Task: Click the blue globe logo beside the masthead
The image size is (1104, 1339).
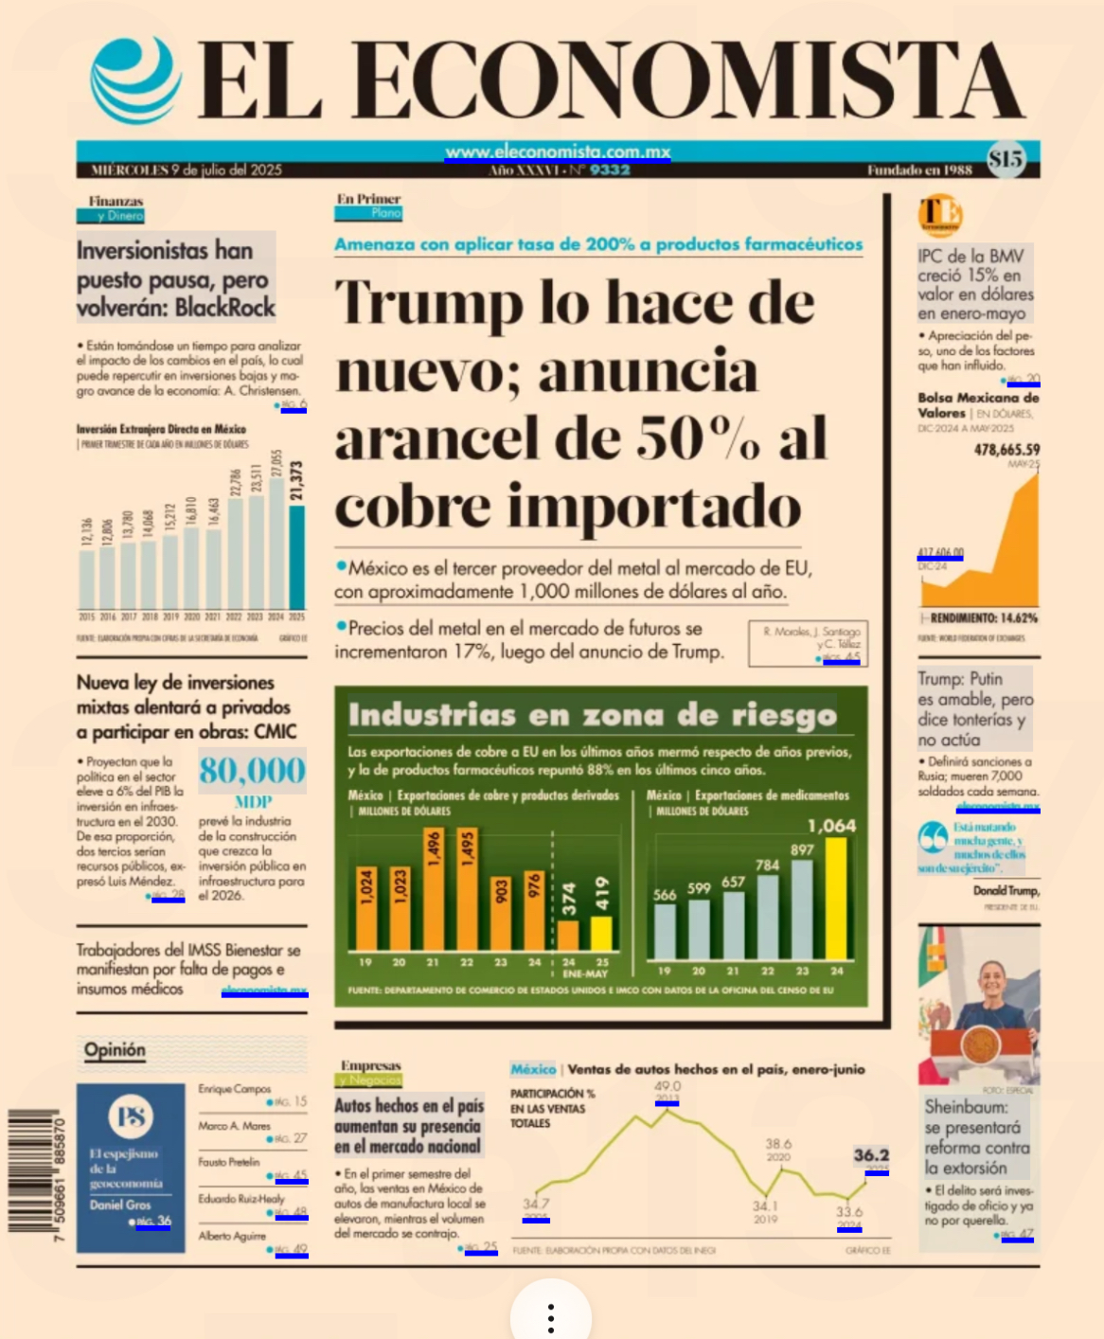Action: click(136, 80)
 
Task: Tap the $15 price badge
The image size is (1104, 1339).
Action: click(1005, 159)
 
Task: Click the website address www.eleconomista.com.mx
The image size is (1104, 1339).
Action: click(558, 152)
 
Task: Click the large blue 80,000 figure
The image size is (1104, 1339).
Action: click(252, 771)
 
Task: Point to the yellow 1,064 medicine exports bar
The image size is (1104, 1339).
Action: click(836, 897)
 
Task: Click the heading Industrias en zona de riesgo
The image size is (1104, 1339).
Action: click(592, 715)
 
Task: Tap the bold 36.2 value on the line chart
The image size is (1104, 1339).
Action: click(871, 1155)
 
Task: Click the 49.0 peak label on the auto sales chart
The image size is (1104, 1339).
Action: click(668, 1087)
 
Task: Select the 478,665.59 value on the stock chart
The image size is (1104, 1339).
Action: click(1006, 450)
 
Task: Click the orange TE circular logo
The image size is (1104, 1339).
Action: click(939, 214)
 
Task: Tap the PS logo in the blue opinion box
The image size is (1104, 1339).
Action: click(131, 1117)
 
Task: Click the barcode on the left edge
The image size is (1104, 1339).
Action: click(35, 1174)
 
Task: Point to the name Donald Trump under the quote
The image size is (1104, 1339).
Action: click(1006, 890)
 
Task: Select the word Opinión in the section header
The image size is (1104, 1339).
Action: click(115, 1049)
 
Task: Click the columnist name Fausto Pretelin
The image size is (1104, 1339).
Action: click(229, 1162)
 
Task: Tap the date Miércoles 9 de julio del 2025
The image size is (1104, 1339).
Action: click(187, 170)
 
